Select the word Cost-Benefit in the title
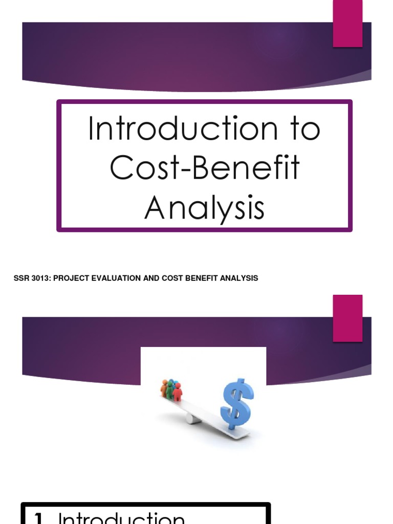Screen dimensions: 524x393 tap(205, 169)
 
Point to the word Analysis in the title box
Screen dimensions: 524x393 tap(205, 209)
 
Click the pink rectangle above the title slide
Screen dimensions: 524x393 tap(348, 24)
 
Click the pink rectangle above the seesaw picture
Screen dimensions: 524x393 tap(348, 318)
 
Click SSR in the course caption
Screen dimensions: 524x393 tap(21, 278)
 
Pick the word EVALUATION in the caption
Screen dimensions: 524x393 tap(115, 278)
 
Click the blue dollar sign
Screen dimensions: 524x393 tap(236, 403)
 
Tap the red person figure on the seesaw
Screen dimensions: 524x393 tap(177, 392)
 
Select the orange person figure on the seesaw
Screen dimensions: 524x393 tap(164, 388)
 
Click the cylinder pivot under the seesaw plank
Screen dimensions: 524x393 tap(190, 418)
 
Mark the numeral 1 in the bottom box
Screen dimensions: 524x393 tap(37, 518)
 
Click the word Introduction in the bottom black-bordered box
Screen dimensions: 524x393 tap(122, 518)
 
